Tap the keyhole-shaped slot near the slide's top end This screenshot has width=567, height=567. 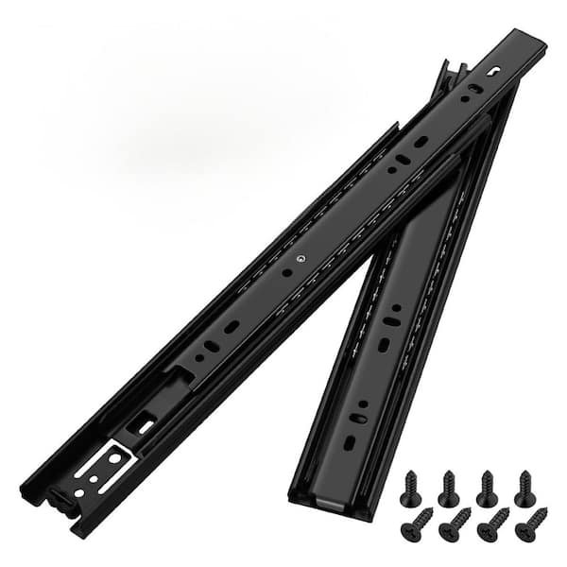[495, 70]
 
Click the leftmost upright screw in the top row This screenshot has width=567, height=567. [409, 488]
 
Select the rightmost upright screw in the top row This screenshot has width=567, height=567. [524, 488]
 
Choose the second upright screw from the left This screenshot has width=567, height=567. [448, 488]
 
